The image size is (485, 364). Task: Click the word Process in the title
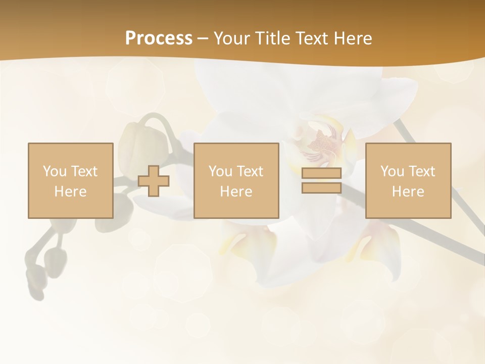(159, 38)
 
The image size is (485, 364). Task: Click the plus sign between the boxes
(154, 181)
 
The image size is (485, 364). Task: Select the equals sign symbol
(321, 180)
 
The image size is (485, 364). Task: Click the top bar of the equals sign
(321, 173)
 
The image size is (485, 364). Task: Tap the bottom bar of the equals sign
(321, 188)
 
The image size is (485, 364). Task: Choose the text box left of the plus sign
(70, 180)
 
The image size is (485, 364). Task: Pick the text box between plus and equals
(236, 180)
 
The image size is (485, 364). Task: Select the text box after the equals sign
(408, 180)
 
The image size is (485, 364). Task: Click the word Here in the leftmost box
(70, 192)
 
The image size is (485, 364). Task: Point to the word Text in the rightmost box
(422, 171)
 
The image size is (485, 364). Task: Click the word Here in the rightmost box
(408, 192)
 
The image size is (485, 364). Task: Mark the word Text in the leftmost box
(84, 171)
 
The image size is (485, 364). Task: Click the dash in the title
(203, 39)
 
